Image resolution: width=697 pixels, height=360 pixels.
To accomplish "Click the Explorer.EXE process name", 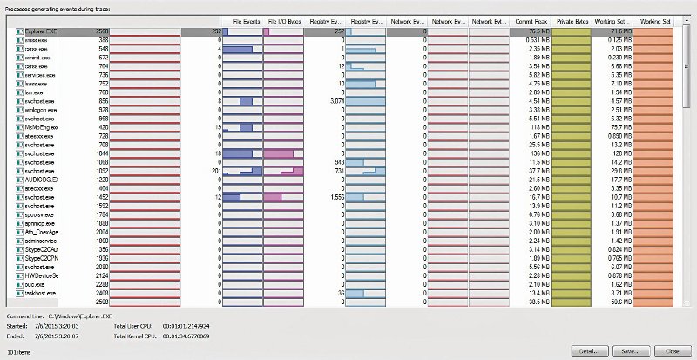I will (x=40, y=31).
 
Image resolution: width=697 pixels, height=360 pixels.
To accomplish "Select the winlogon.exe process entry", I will (x=40, y=110).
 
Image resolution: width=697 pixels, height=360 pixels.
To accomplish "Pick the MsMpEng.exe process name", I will (x=41, y=127).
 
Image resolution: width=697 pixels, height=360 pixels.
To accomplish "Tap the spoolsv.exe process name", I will (x=40, y=214).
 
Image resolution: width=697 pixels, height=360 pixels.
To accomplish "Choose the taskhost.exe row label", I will (x=40, y=293).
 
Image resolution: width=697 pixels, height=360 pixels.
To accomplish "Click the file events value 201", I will (x=213, y=171).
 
